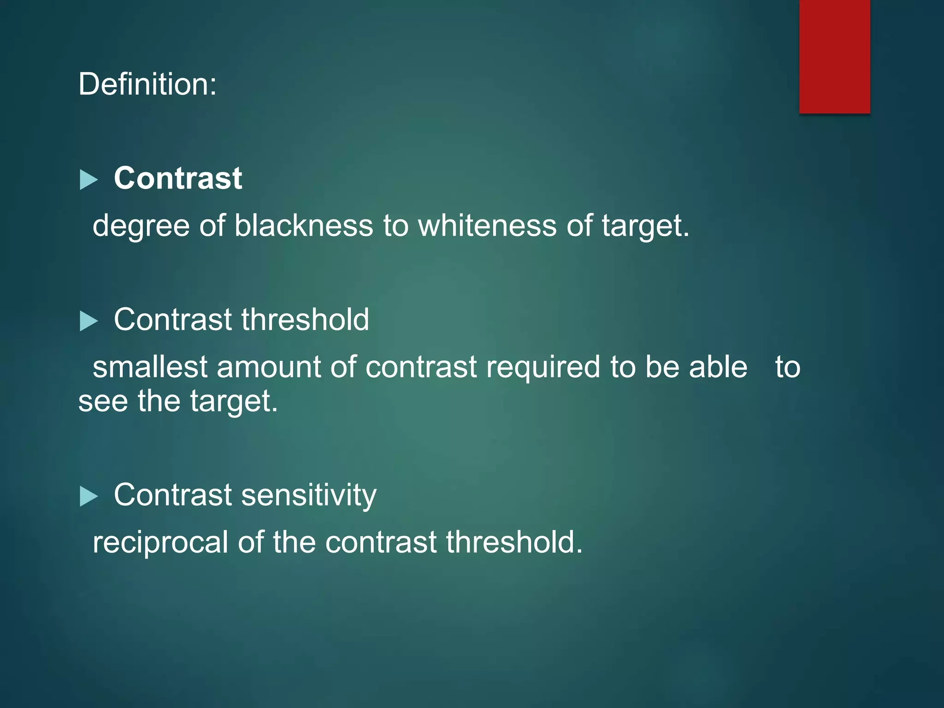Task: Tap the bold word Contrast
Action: [x=178, y=178]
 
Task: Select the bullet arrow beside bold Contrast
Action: [x=88, y=180]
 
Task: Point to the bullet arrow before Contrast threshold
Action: [x=88, y=321]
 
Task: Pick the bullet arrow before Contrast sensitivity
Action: [x=88, y=496]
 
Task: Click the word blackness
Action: [x=303, y=226]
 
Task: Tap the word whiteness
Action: [x=487, y=226]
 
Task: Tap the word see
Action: [x=103, y=401]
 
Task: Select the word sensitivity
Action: [x=308, y=496]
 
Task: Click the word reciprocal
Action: [x=160, y=543]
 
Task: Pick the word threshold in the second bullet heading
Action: [x=305, y=319]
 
